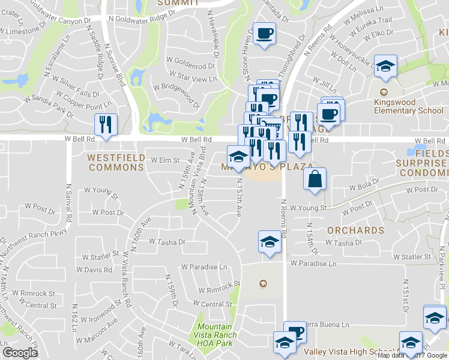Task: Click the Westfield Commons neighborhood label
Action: [116, 162]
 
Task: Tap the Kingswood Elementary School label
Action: [408, 106]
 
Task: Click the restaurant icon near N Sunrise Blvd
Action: [106, 125]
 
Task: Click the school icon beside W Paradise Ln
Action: [270, 242]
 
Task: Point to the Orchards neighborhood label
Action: [356, 230]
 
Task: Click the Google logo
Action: [20, 353]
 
